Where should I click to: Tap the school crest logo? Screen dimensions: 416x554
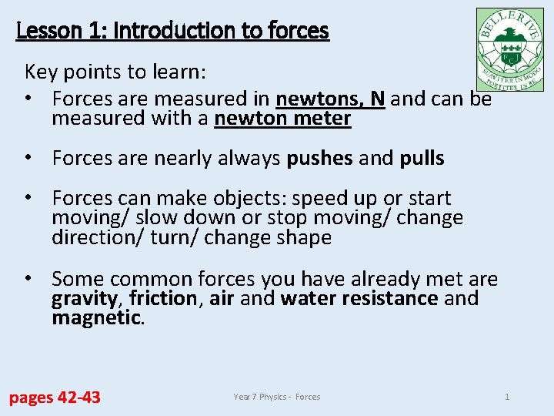click(509, 50)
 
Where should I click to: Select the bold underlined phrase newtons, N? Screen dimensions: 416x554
click(330, 99)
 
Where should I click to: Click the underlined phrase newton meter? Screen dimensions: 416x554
click(282, 119)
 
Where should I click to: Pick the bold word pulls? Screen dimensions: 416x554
click(422, 159)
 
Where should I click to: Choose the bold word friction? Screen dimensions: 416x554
click(162, 298)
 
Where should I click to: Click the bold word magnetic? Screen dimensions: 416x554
click(95, 317)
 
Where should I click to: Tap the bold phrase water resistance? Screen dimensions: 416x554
click(359, 298)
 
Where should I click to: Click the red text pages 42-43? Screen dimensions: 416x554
click(55, 398)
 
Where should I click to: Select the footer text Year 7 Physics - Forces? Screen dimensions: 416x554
click(277, 397)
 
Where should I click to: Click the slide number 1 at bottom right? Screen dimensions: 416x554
click(507, 397)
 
